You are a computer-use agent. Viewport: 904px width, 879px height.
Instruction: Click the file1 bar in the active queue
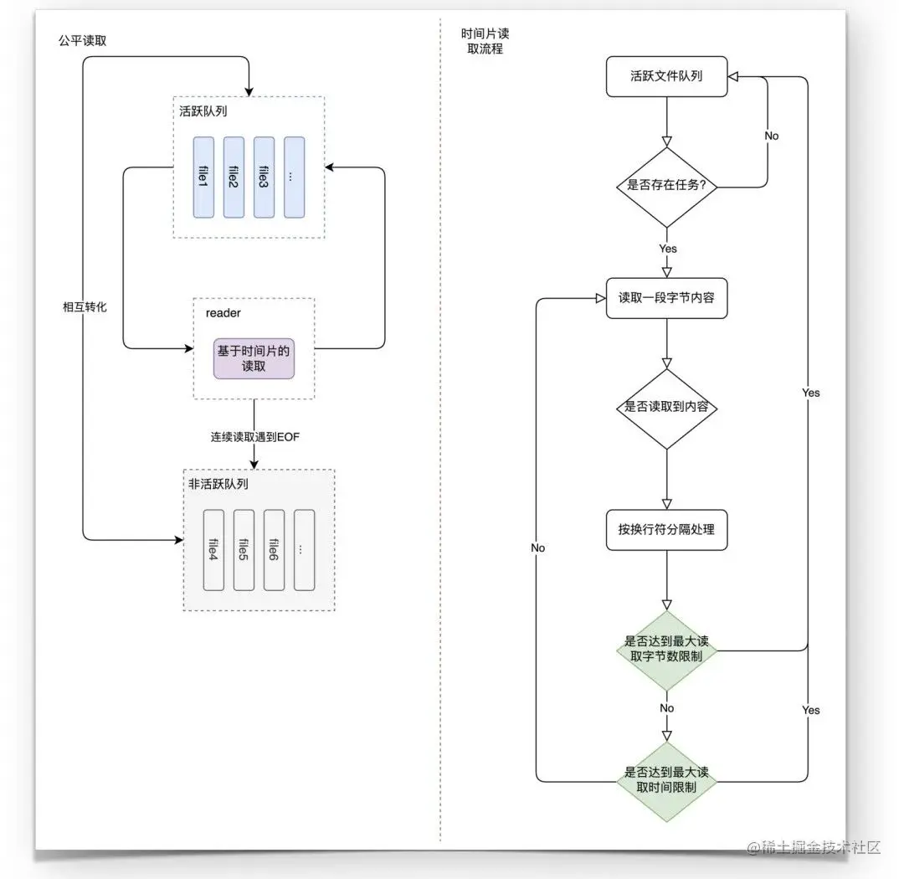[203, 177]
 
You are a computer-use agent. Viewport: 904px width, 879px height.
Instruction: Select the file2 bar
[234, 177]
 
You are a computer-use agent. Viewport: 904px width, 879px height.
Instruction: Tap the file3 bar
[264, 177]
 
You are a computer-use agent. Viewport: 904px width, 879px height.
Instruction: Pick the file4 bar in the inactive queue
[214, 550]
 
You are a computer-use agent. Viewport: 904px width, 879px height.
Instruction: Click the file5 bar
[244, 550]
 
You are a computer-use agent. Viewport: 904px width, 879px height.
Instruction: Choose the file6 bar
[274, 550]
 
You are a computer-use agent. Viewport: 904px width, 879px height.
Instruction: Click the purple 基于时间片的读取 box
[254, 358]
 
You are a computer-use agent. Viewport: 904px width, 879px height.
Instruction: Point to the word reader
[223, 313]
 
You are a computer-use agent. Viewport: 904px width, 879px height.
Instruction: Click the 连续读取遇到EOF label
[254, 437]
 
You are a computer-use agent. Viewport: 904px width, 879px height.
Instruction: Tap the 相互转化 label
[85, 307]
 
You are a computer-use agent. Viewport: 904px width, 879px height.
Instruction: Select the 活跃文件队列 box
[666, 76]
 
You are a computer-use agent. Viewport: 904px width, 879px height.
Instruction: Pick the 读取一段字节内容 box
[666, 298]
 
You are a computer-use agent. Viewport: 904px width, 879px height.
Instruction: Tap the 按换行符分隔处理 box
[666, 529]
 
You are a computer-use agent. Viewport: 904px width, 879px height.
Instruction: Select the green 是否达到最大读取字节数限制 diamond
[666, 650]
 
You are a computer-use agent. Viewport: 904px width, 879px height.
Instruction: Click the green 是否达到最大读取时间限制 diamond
[666, 782]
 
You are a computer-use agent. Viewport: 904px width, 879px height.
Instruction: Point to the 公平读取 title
[82, 40]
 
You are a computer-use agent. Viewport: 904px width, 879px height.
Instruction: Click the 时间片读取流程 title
[485, 41]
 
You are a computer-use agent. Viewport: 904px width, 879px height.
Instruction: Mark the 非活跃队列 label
[218, 484]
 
